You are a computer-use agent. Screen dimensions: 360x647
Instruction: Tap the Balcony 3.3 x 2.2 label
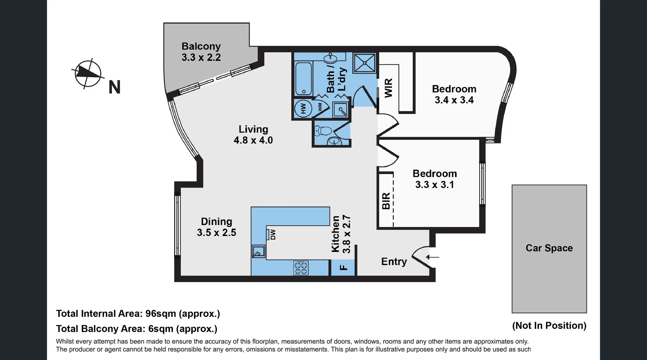click(x=201, y=52)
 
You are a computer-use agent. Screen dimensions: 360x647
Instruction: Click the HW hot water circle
click(x=303, y=109)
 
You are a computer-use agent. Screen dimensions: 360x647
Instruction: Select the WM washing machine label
click(x=320, y=107)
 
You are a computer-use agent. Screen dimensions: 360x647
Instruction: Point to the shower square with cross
click(x=365, y=63)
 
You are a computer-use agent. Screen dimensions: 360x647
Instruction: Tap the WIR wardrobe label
click(x=389, y=88)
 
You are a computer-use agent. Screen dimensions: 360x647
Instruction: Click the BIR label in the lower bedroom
click(x=386, y=201)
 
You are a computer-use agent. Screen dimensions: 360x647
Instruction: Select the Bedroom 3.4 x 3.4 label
click(x=454, y=94)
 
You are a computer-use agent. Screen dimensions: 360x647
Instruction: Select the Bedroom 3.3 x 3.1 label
click(x=435, y=179)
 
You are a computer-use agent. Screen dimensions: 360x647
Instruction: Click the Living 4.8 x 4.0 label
click(x=253, y=134)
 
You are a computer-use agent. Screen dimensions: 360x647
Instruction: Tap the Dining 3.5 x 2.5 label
click(x=216, y=227)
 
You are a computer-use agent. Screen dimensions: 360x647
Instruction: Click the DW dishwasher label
click(x=273, y=234)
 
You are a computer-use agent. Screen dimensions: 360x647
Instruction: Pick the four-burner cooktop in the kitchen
click(x=301, y=268)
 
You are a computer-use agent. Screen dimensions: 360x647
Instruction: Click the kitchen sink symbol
click(x=259, y=252)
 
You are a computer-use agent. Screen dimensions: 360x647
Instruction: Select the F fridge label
click(x=343, y=268)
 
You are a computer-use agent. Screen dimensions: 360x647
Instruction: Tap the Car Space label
click(x=549, y=248)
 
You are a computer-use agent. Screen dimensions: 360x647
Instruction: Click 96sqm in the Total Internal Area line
click(x=161, y=314)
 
